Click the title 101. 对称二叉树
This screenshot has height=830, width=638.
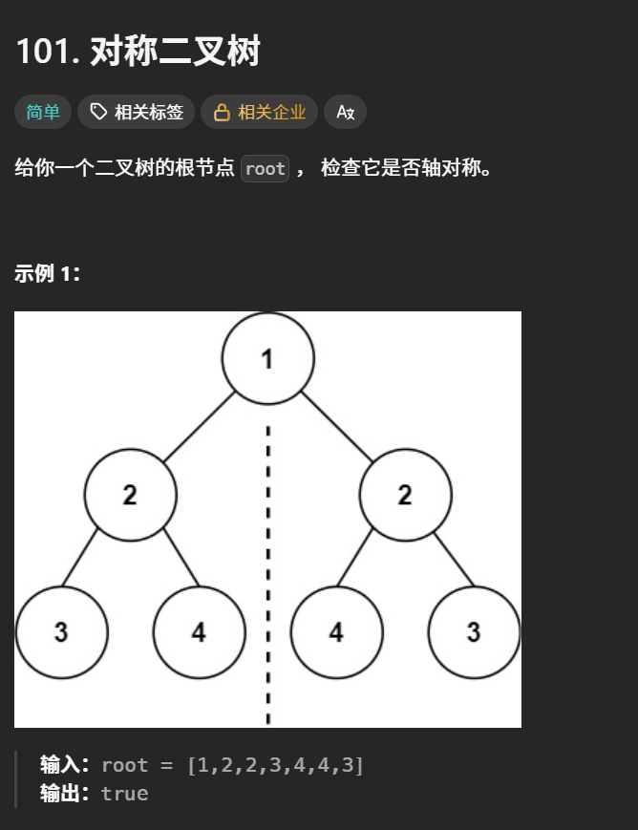138,52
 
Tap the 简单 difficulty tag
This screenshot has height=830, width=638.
43,113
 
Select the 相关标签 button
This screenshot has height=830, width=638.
137,113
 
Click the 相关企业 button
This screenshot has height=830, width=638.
271,113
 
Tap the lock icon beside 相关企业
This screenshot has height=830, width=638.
222,113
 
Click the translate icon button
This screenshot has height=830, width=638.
345,113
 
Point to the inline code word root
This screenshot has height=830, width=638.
265,169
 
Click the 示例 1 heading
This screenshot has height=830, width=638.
48,274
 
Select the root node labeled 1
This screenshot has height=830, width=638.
267,358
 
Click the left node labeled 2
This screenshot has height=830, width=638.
130,495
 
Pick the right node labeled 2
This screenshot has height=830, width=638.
405,495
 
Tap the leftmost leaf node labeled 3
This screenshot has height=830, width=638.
61,632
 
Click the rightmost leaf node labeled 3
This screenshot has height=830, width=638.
474,632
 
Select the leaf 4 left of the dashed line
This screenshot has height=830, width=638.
199,632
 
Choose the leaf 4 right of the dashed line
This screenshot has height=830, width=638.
336,632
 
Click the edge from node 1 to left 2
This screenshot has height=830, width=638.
199,426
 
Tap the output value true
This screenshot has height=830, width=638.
124,794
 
